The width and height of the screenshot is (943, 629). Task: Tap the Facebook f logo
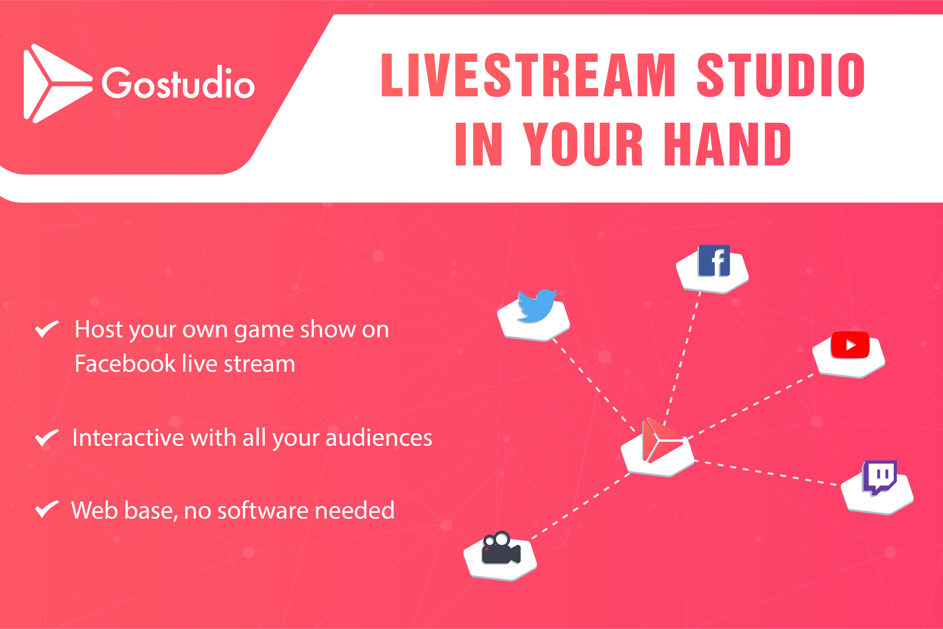coord(714,261)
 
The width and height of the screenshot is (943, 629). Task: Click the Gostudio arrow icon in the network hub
coord(662,440)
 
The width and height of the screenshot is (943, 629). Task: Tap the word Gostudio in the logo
coord(178,83)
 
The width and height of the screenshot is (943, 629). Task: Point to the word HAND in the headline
coord(727,144)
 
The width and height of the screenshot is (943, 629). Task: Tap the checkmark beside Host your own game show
coord(47,329)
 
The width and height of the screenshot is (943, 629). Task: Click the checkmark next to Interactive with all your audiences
coord(47,438)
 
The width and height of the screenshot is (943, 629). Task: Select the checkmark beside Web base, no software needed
coord(47,510)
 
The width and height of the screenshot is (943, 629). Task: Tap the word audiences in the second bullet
coord(379,438)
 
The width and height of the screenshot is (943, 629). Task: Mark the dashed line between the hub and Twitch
coord(765,473)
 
